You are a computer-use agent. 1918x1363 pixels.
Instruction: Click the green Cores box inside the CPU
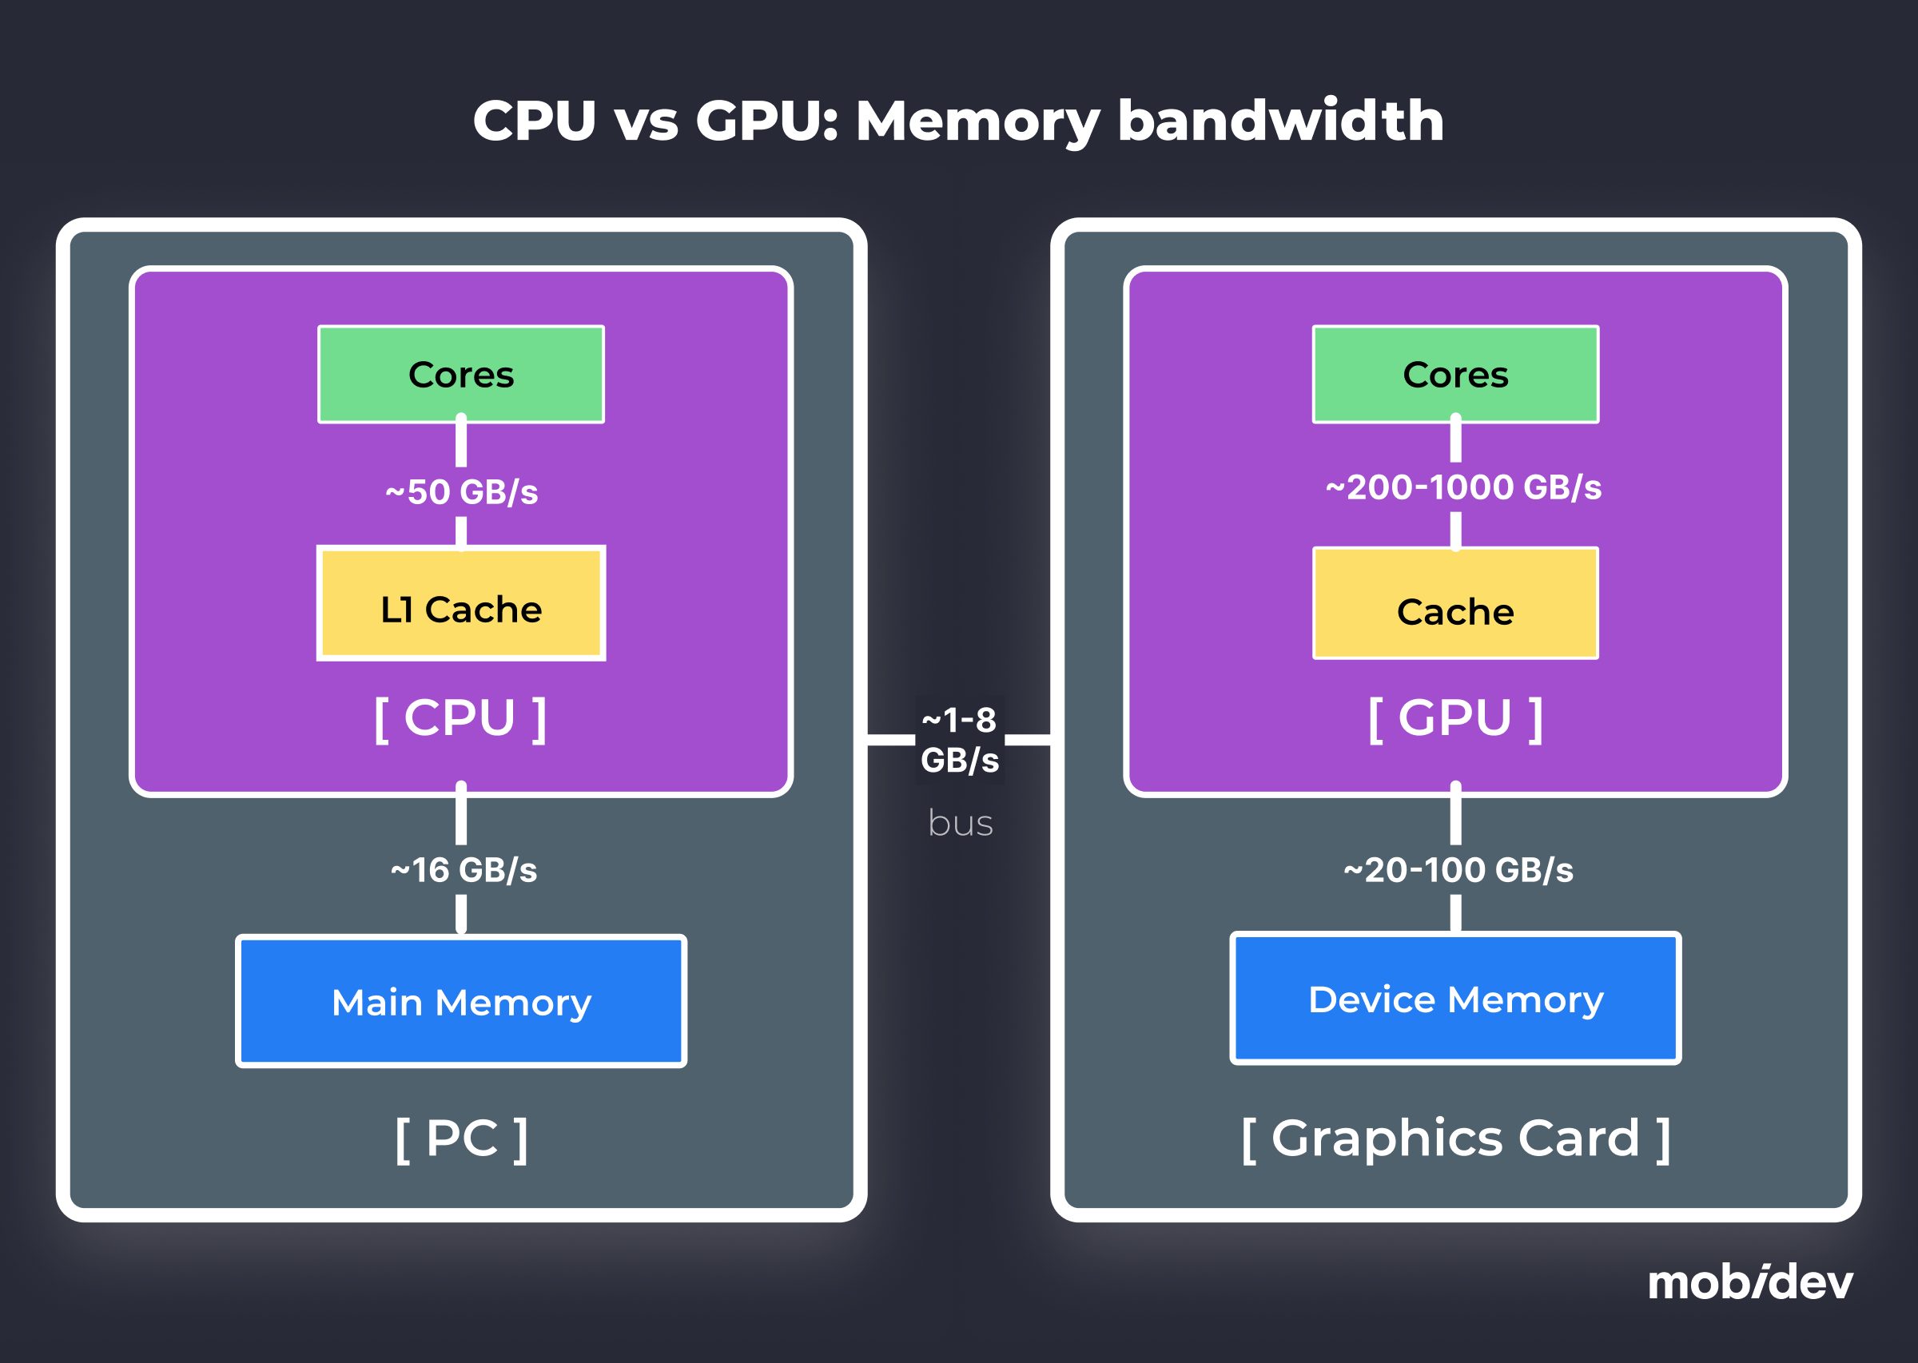pos(461,375)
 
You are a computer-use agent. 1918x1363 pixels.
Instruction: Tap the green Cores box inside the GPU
pos(1454,375)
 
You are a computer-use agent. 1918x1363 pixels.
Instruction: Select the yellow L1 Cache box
pos(461,604)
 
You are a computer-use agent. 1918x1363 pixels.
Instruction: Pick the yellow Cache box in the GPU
pos(1454,604)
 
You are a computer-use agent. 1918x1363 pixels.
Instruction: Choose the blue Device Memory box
pos(1454,998)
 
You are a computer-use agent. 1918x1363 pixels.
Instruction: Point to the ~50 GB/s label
pos(462,492)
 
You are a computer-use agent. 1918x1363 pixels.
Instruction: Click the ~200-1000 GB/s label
pos(1463,487)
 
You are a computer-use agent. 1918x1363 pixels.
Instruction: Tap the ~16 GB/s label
pos(464,870)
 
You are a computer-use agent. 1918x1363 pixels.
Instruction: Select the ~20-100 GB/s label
pos(1458,870)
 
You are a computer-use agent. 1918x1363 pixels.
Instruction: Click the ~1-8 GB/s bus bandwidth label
pos(960,739)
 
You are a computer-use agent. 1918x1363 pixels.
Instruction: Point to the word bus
pos(961,824)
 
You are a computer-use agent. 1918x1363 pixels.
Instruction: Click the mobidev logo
pos(1749,1282)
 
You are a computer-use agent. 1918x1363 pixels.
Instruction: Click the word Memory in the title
pos(977,121)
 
